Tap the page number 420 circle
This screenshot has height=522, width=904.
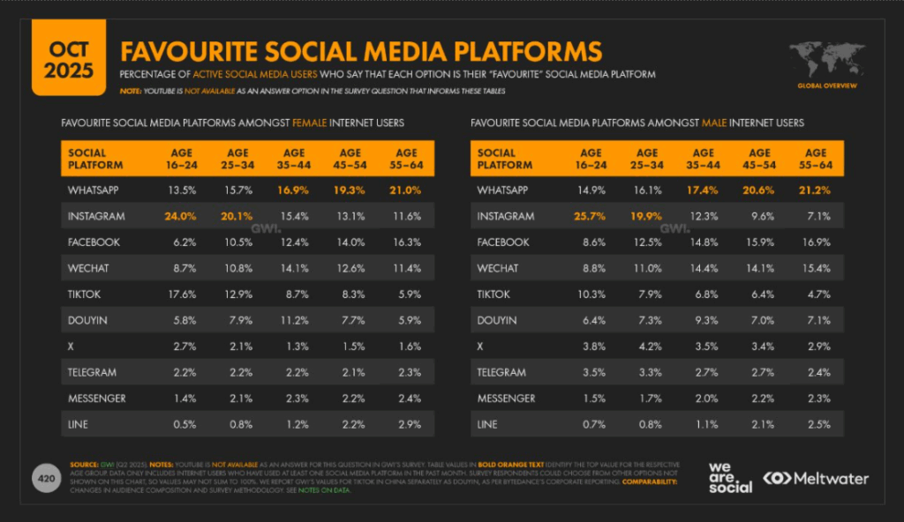point(44,477)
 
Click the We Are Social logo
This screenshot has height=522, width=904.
point(730,477)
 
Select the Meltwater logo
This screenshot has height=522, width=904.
point(817,478)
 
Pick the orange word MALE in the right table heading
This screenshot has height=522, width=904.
point(715,123)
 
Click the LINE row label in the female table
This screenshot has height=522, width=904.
point(78,424)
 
